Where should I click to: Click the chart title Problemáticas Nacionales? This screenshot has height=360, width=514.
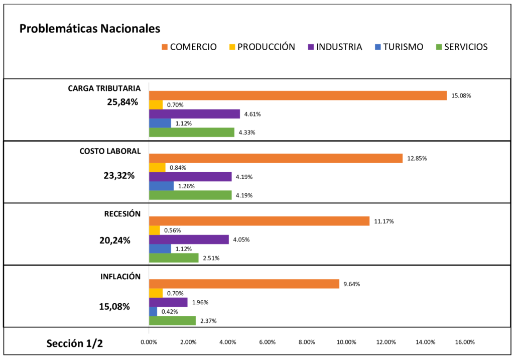tap(90, 29)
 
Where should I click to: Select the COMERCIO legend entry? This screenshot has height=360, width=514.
tap(189, 47)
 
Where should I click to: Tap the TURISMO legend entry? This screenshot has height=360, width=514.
tap(399, 47)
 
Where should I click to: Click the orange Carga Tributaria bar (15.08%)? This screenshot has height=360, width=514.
tap(298, 95)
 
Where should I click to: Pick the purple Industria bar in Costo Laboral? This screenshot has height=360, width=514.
tap(190, 177)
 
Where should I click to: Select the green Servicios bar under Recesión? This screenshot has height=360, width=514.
tap(174, 258)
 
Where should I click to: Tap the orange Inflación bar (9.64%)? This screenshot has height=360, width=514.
tap(244, 284)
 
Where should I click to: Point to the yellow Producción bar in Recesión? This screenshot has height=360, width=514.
tap(155, 230)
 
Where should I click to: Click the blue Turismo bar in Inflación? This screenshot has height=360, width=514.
tap(153, 311)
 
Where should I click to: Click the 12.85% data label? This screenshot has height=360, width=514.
tap(417, 159)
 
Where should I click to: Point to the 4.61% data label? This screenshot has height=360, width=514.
tap(252, 114)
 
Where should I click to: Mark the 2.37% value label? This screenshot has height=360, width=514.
tap(208, 321)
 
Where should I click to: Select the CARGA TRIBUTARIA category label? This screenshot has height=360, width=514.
tap(104, 88)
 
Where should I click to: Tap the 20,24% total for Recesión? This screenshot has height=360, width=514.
tap(115, 240)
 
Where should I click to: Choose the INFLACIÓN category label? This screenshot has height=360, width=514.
tap(120, 277)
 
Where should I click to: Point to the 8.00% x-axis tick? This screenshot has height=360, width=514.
tap(307, 342)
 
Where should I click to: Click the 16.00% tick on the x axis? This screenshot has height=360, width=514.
tap(465, 342)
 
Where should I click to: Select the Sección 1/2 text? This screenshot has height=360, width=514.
tap(75, 343)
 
